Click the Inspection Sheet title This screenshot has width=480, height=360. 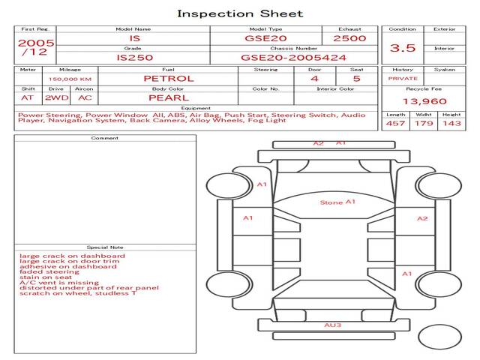point(240,13)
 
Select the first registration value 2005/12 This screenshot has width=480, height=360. point(36,46)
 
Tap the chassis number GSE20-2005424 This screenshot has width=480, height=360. point(293,58)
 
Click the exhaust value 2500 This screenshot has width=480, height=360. point(349,38)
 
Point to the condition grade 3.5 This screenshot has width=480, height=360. point(403,48)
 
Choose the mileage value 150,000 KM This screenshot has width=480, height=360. point(70,79)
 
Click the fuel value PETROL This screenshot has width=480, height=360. point(169,78)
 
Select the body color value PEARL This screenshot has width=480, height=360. point(169,97)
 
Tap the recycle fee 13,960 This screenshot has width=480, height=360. point(424,101)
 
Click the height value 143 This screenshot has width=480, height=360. point(451,123)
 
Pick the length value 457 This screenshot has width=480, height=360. point(395,123)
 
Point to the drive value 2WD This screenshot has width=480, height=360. point(57,97)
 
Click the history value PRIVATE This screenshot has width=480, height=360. point(403,78)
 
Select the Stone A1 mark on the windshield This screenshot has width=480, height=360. point(337,202)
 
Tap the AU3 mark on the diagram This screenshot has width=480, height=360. point(332,325)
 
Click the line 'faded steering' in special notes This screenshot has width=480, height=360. point(49,271)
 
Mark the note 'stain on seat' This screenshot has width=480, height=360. point(45,277)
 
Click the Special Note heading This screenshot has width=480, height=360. point(105,247)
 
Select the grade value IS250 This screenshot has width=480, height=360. point(135,58)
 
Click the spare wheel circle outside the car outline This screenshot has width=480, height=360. point(439,337)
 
